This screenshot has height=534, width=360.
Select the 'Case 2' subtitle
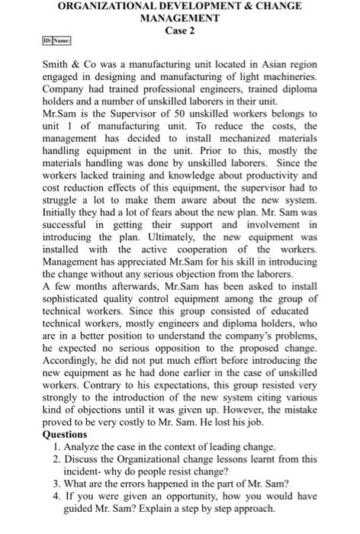pyautogui.click(x=181, y=30)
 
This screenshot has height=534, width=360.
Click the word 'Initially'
pyautogui.click(x=59, y=211)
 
